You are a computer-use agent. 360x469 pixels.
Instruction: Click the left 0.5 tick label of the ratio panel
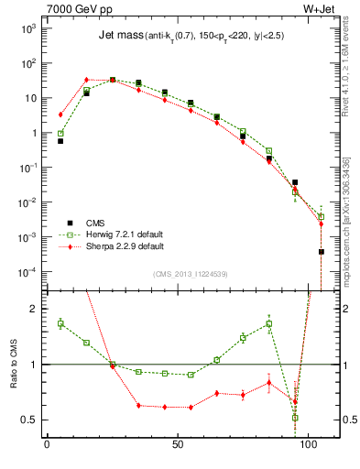click(x=27, y=420)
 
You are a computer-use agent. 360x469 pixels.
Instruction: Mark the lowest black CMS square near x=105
click(x=322, y=251)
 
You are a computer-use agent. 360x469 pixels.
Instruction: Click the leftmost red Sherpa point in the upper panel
click(x=60, y=115)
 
